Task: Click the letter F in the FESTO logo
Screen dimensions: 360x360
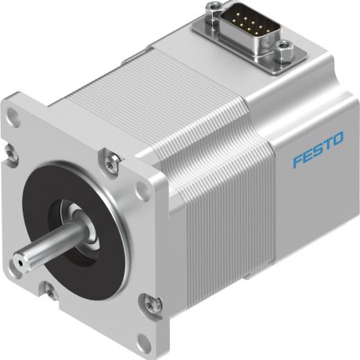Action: pyautogui.click(x=298, y=163)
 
